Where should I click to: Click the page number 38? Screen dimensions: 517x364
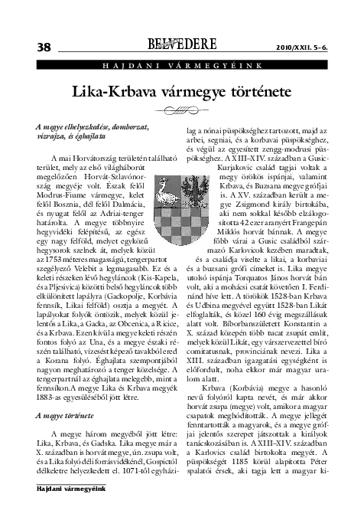point(35,46)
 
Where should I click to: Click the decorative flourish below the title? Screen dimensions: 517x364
point(181,110)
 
